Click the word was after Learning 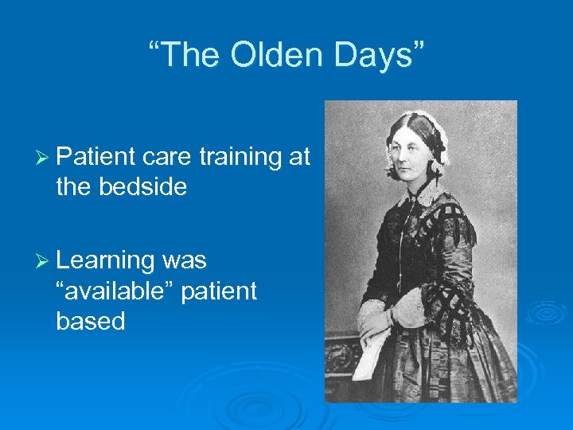point(184,260)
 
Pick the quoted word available point(115,291)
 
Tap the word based point(91,321)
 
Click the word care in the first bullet point(167,158)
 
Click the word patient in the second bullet point(219,291)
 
